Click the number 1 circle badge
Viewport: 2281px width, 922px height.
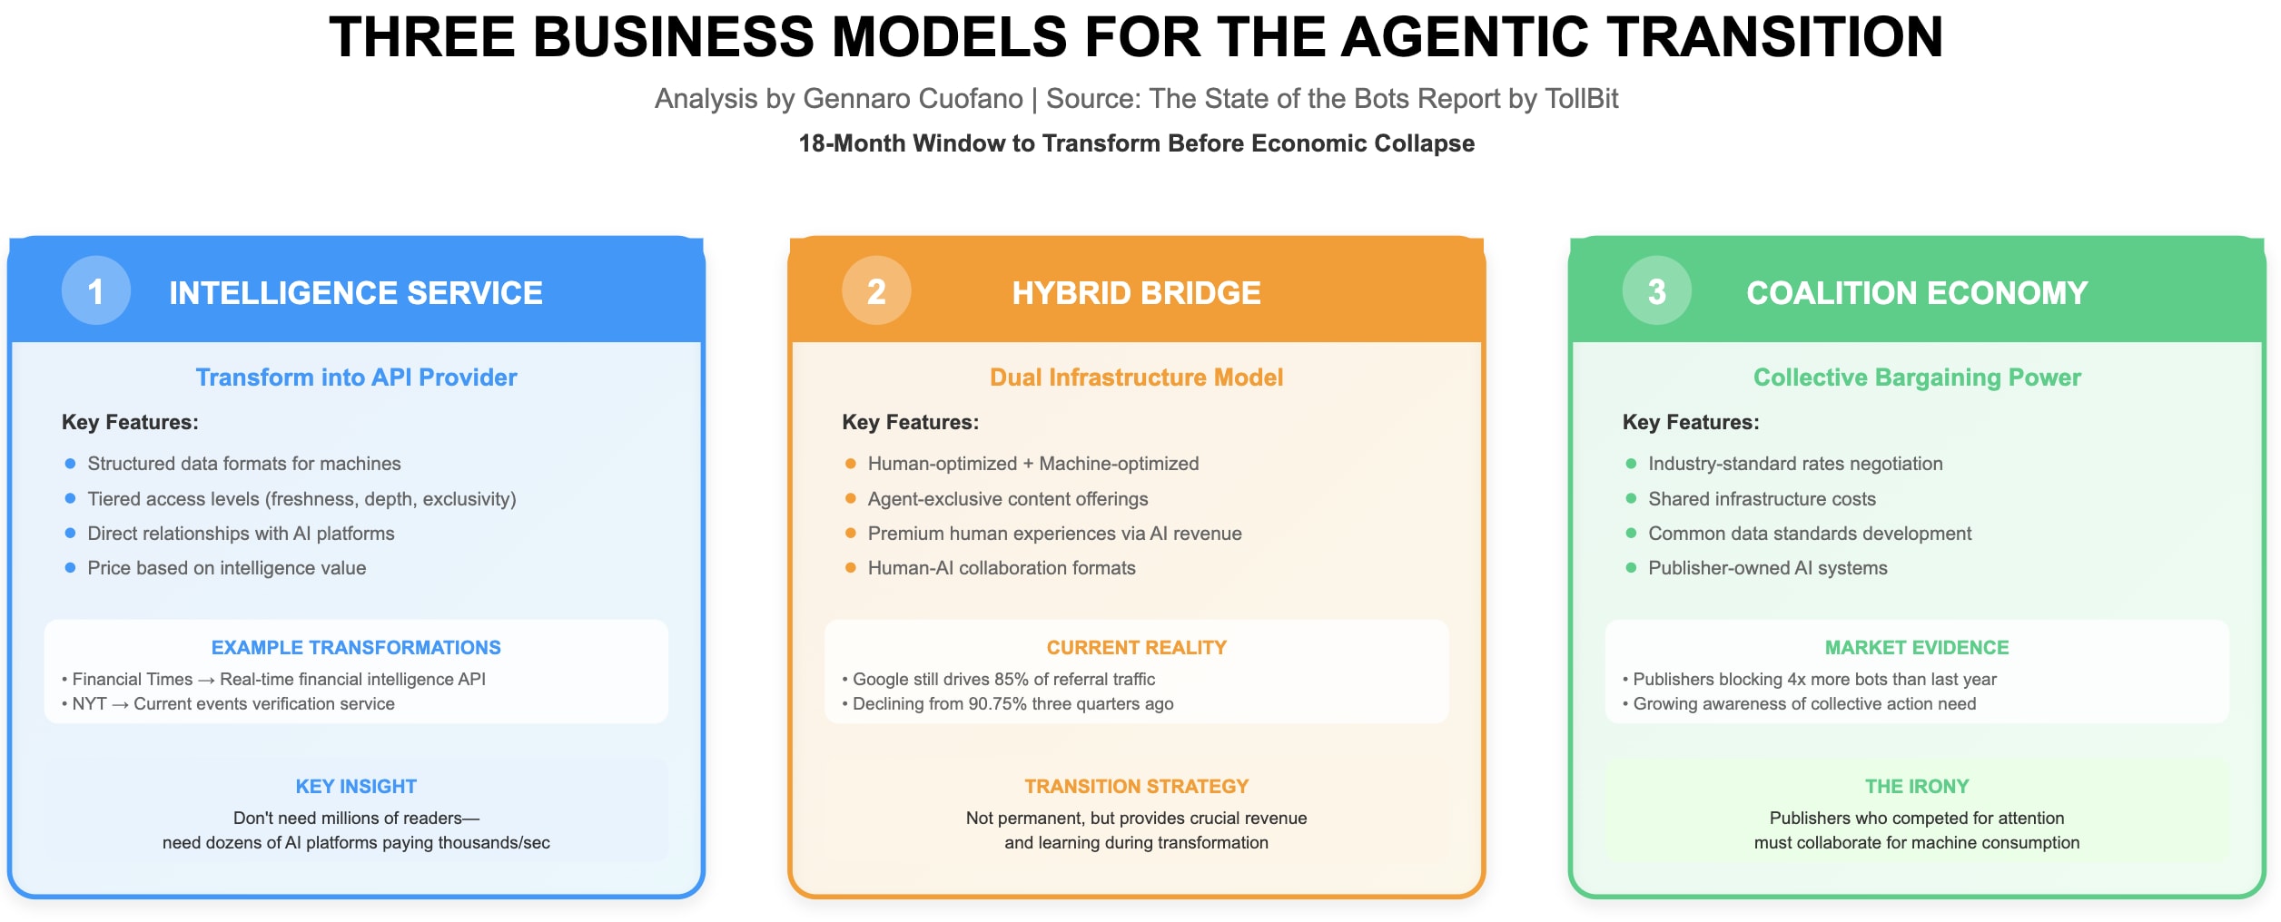click(95, 291)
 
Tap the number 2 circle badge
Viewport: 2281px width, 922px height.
click(876, 291)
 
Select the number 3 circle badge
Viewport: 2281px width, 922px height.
click(1656, 291)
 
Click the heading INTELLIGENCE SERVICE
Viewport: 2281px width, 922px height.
click(356, 293)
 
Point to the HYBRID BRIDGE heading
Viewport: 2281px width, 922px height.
click(1136, 293)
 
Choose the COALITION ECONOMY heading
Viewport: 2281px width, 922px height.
click(1917, 293)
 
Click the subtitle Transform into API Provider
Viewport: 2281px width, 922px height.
click(356, 378)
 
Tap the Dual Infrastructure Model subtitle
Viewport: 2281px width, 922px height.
click(1136, 378)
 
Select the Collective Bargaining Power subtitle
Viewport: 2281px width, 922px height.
click(1917, 378)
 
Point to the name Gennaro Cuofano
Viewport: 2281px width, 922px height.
click(913, 98)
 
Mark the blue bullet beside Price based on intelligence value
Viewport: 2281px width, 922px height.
click(70, 568)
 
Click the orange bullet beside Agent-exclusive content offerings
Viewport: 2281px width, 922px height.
click(850, 498)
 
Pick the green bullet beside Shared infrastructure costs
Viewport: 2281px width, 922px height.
click(1631, 498)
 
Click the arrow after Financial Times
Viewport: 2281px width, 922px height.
click(206, 680)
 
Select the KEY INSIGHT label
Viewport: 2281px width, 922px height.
click(356, 786)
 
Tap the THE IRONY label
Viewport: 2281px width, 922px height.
click(1917, 786)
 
